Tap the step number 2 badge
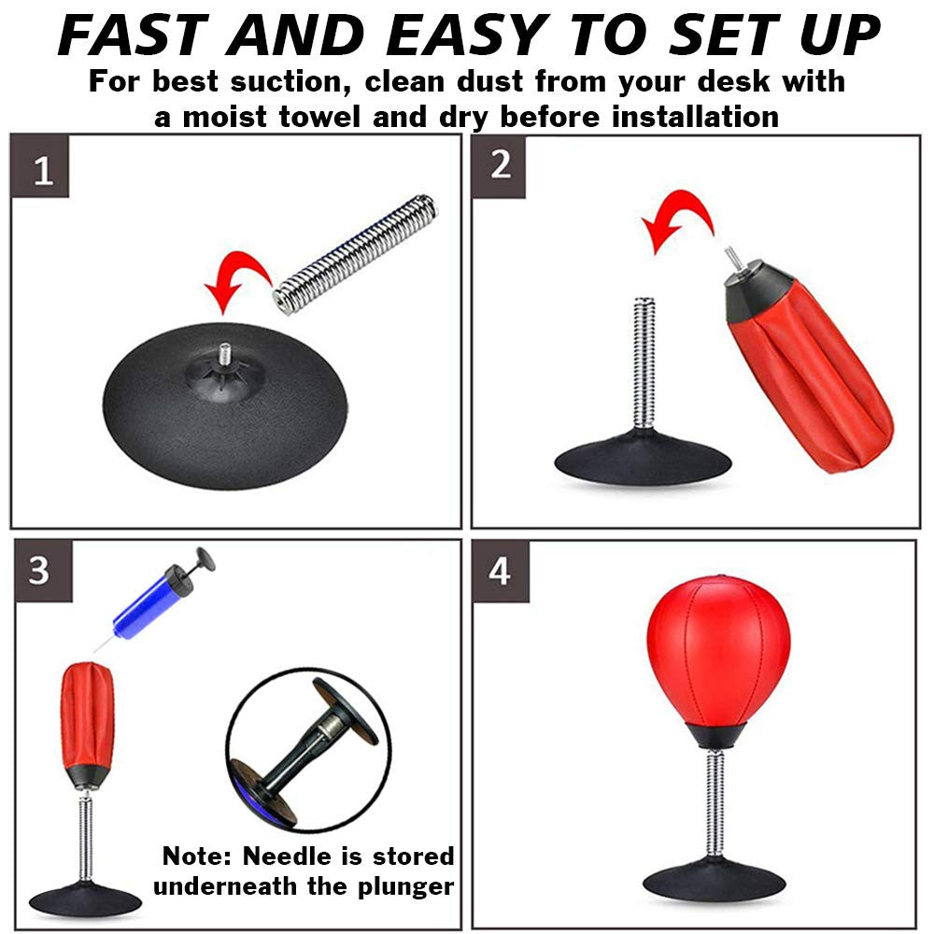pyautogui.click(x=501, y=166)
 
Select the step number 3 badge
pyautogui.click(x=39, y=571)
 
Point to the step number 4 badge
pyautogui.click(x=501, y=571)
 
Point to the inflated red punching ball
pyautogui.click(x=717, y=647)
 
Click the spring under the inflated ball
pyautogui.click(x=715, y=795)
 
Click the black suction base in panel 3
pyautogui.click(x=85, y=898)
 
